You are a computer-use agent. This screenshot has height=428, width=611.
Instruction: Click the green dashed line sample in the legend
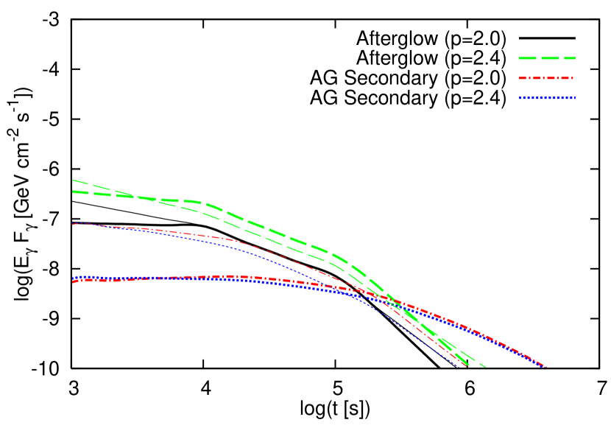point(547,57)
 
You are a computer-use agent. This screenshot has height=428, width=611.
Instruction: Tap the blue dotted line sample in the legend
point(546,98)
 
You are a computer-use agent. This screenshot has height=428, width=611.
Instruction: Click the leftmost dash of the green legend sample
point(526,57)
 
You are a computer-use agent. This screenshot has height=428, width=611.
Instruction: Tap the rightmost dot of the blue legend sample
point(573,98)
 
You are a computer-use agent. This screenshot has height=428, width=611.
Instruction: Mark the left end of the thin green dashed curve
point(73,180)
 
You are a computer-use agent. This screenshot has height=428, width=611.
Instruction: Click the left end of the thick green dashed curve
point(73,192)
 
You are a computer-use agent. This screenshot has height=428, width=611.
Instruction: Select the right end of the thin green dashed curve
point(485,366)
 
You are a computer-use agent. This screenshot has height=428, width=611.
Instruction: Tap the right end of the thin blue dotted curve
point(459,367)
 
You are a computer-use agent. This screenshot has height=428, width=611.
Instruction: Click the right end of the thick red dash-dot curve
point(545,366)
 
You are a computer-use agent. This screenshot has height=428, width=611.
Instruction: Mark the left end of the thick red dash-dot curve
point(73,281)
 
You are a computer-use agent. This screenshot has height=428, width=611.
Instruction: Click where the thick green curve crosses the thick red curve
point(392,300)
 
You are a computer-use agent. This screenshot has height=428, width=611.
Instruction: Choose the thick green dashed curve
point(258,225)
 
